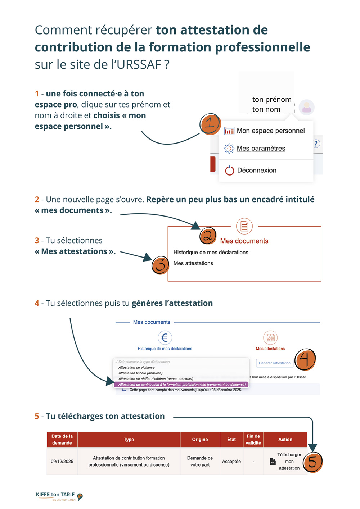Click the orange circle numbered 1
[x=210, y=124]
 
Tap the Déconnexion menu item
[x=256, y=171]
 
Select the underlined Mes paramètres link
[x=261, y=149]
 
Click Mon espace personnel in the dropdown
[x=270, y=131]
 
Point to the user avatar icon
[x=307, y=107]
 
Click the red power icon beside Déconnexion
[x=230, y=171]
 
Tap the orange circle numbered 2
[x=208, y=236]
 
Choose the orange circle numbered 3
[x=160, y=265]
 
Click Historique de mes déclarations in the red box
[x=211, y=253]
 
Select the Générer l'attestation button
[x=275, y=363]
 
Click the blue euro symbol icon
[x=165, y=338]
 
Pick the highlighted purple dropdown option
[x=181, y=385]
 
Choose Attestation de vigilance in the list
[x=136, y=367]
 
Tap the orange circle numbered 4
[x=305, y=359]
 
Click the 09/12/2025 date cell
[x=62, y=462]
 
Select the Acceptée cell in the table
[x=231, y=462]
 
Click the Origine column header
[x=200, y=440]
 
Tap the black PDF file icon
[x=273, y=462]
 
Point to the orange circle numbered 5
[x=312, y=462]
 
